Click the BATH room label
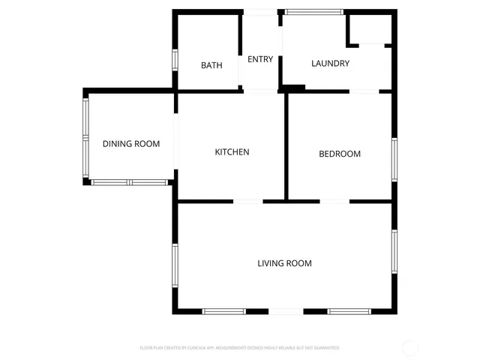(x=211, y=65)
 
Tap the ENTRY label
(x=260, y=59)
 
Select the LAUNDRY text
(x=330, y=64)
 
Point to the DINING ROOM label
(x=131, y=144)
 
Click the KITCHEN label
(x=232, y=152)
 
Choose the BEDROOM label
(x=340, y=154)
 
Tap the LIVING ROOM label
(x=284, y=263)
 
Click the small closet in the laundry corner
(x=368, y=30)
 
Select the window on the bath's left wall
(x=175, y=60)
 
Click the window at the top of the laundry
(x=314, y=11)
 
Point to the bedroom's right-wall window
(x=394, y=159)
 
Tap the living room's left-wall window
(x=175, y=266)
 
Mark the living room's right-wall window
(x=394, y=253)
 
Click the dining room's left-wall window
(x=86, y=138)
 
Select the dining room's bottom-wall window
(x=129, y=181)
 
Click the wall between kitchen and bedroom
(x=286, y=146)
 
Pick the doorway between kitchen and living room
(x=248, y=201)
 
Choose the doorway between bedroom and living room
(x=335, y=201)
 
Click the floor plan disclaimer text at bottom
(x=239, y=348)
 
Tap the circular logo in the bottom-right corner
(x=411, y=347)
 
